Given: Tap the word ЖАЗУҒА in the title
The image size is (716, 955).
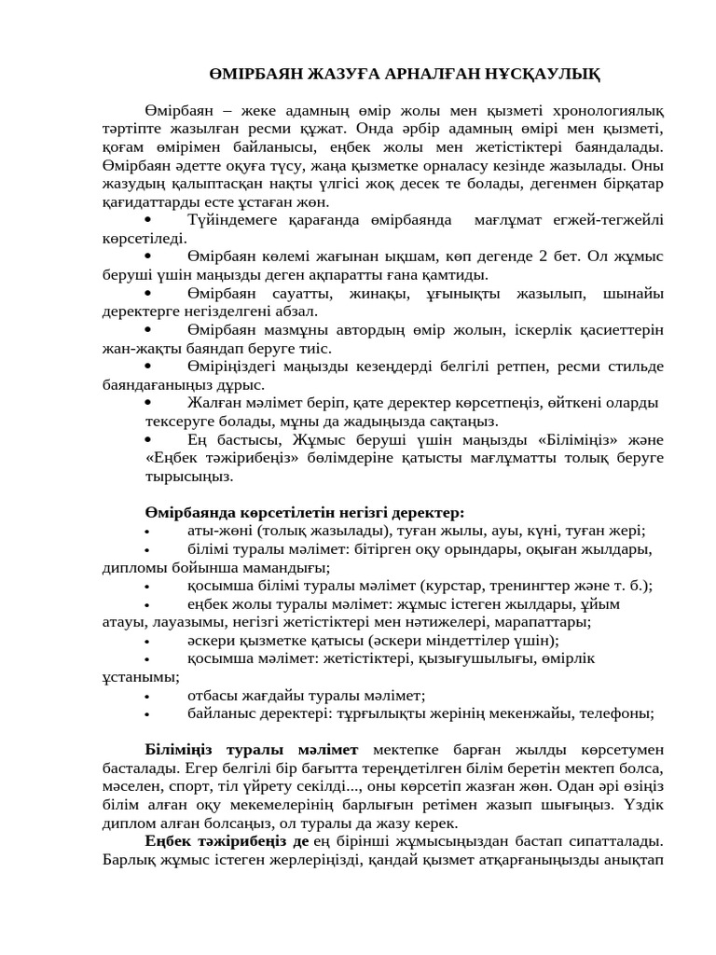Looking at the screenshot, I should coord(332,74).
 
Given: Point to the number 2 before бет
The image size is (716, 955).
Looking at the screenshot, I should coord(544,256).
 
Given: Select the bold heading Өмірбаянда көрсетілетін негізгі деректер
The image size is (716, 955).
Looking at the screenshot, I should coord(305,512).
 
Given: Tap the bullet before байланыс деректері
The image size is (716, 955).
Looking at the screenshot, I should coord(147,714).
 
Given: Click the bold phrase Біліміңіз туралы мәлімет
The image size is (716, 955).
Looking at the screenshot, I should coord(252,750).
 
